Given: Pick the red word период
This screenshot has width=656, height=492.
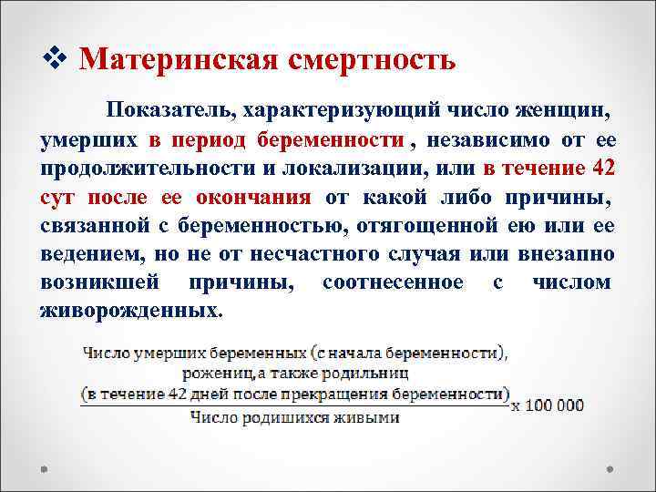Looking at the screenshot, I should (x=208, y=141).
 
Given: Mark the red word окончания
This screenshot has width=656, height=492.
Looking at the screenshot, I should (x=261, y=198).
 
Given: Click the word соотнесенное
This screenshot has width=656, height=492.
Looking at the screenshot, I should (x=393, y=282).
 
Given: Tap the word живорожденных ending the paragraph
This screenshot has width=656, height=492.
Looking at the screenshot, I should (x=129, y=311).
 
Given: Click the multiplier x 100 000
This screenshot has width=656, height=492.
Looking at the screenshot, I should (x=548, y=405).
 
